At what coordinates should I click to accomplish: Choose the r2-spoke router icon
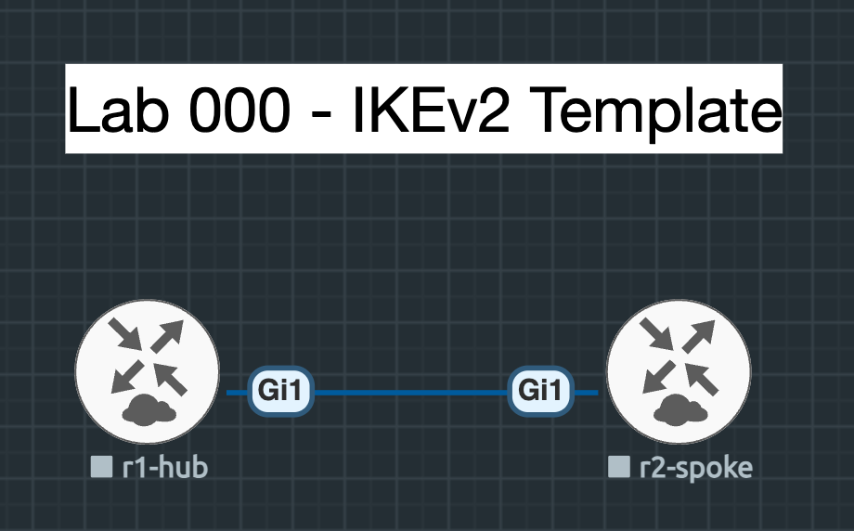click(x=678, y=371)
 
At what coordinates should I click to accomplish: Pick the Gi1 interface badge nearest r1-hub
click(x=280, y=392)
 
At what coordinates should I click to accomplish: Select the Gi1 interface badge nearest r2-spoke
click(x=541, y=392)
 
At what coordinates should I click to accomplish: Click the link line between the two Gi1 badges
click(x=410, y=393)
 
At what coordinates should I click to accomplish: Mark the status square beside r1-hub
click(x=101, y=467)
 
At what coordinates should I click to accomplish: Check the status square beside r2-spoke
click(x=618, y=467)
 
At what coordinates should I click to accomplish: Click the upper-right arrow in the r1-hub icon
click(x=168, y=335)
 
